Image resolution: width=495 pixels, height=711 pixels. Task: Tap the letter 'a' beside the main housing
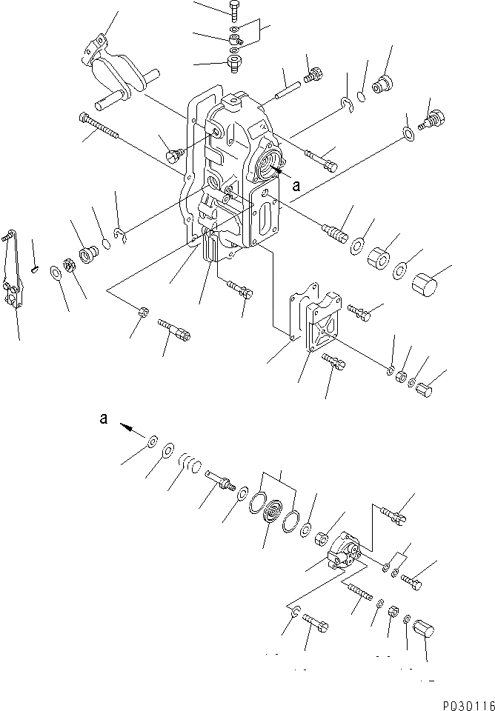[296, 187]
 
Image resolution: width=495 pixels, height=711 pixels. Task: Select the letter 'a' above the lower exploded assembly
[104, 418]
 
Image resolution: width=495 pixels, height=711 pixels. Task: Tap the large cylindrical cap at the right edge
[426, 284]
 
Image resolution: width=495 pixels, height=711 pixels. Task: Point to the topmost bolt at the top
[235, 10]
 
